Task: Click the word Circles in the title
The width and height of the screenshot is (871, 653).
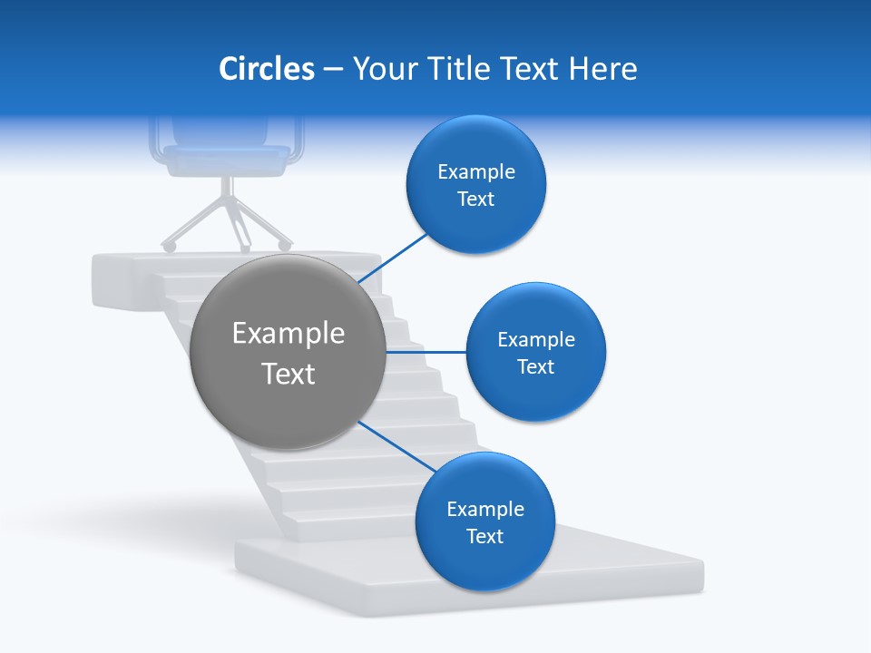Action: tap(266, 69)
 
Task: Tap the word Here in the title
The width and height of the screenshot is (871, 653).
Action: tap(603, 69)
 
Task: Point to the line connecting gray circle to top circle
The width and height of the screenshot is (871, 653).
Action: tap(393, 258)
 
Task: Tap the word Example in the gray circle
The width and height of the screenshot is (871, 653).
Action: tap(289, 334)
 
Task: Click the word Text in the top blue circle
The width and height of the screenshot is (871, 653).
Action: tap(476, 199)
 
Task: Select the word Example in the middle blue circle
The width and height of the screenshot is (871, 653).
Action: tap(536, 340)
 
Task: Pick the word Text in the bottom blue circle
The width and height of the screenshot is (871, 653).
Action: tap(485, 536)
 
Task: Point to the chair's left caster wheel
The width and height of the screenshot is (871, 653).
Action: tap(168, 246)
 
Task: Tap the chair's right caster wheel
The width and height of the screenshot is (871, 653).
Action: tap(285, 245)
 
